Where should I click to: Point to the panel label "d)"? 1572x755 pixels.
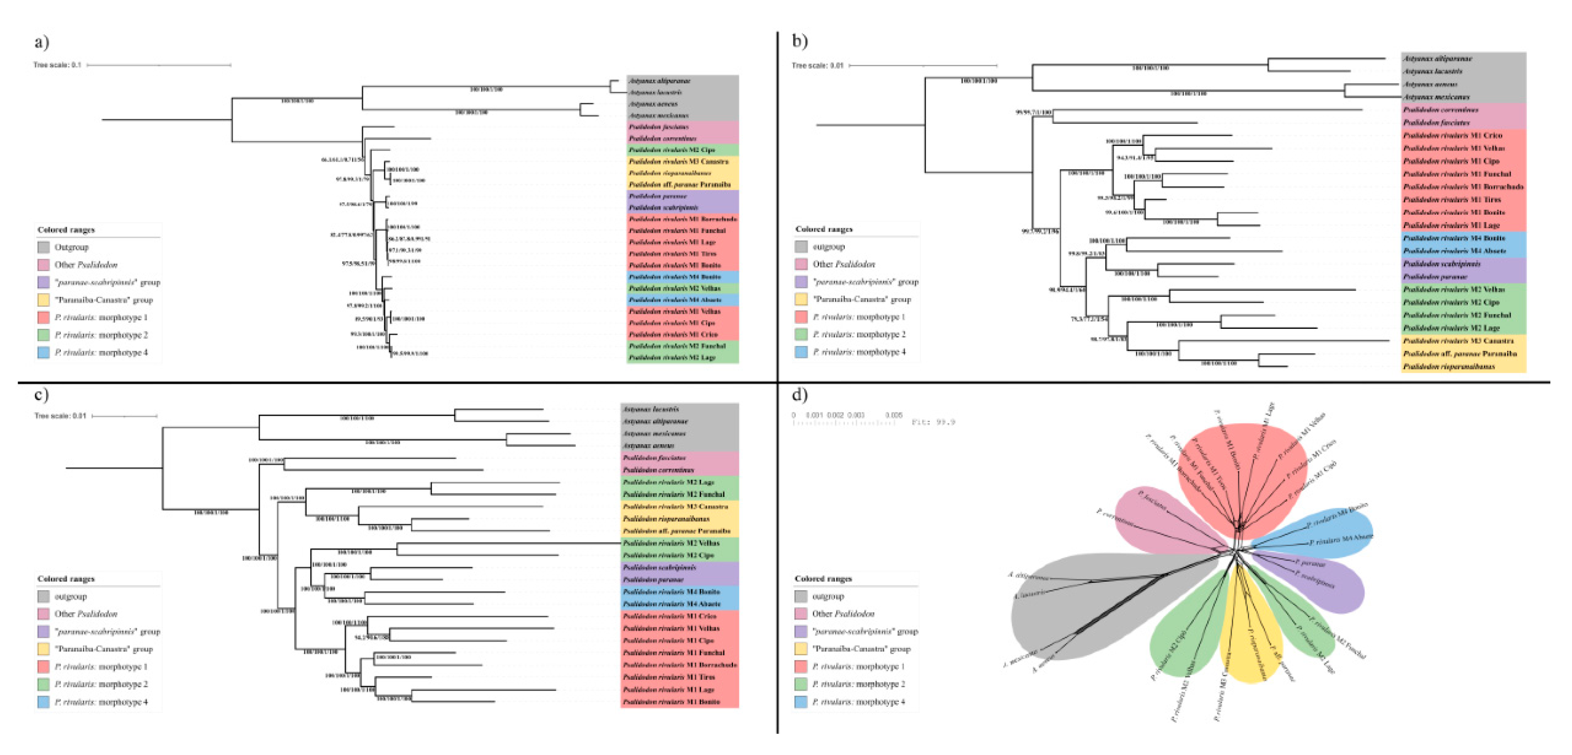799,395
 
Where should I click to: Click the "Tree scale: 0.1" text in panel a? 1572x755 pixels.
57,65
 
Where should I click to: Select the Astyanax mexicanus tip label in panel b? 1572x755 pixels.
1436,97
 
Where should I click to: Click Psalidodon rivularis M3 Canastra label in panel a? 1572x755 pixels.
678,162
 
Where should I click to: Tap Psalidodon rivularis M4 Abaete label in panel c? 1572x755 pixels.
671,604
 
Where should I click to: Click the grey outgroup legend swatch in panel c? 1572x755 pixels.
43,596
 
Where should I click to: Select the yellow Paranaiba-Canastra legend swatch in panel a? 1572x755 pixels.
43,300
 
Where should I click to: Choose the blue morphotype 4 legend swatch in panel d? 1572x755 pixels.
801,701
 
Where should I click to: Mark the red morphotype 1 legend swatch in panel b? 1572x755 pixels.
801,317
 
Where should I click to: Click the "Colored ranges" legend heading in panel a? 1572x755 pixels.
66,230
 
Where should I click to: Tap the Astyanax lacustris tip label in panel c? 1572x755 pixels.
651,409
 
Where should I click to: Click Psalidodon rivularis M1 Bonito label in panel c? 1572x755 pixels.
671,702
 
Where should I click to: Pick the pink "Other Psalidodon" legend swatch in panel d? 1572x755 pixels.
801,614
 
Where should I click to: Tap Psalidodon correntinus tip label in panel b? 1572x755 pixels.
1440,110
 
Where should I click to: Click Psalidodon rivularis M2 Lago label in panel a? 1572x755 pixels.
672,357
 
